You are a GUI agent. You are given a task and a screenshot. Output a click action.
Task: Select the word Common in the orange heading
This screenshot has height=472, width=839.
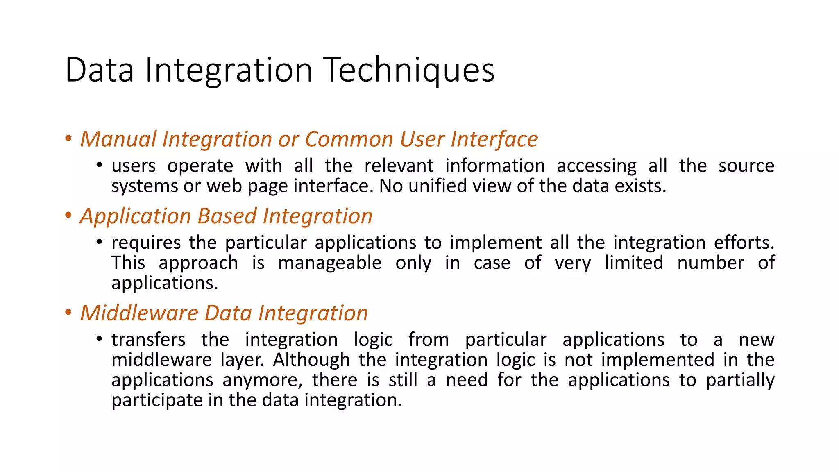tap(349, 139)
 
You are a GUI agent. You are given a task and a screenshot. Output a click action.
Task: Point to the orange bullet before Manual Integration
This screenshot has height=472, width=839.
tap(68, 138)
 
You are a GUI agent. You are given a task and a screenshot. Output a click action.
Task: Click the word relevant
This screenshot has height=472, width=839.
tap(399, 166)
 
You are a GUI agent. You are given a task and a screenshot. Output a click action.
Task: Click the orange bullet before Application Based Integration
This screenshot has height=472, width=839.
tap(68, 215)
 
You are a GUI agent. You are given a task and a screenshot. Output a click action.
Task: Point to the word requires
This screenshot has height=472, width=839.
tap(146, 243)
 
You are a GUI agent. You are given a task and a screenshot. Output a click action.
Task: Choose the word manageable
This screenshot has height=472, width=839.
tap(330, 263)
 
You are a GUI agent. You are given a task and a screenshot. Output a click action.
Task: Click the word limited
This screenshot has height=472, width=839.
tap(634, 263)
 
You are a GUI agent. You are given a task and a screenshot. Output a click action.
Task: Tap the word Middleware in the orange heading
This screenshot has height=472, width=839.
tap(139, 313)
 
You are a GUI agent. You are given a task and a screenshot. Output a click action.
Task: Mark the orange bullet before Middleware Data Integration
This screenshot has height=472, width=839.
tap(68, 312)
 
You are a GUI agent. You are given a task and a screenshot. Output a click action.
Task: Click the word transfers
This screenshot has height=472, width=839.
tap(148, 340)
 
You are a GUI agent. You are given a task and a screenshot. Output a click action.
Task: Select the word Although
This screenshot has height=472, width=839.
tap(311, 360)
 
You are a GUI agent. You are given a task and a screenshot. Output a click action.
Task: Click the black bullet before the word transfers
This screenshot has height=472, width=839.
tap(99, 339)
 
